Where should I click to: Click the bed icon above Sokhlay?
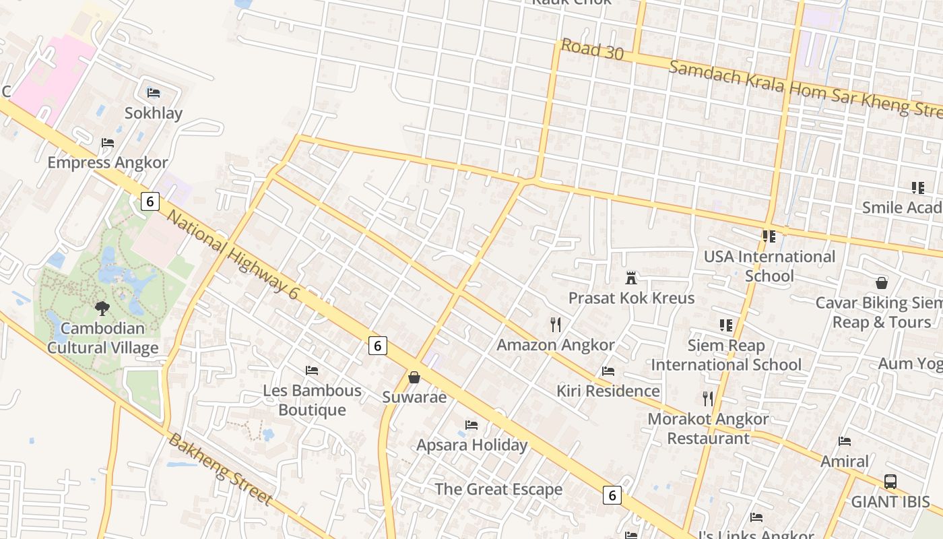[x=153, y=92]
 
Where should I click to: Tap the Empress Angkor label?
[x=108, y=162]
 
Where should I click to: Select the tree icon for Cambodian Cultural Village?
[x=102, y=309]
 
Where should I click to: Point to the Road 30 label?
[x=592, y=49]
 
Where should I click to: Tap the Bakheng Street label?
[x=220, y=470]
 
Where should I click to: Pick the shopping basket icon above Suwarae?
[x=414, y=377]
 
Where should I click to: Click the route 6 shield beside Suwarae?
[x=378, y=346]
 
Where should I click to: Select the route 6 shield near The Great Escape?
[x=612, y=495]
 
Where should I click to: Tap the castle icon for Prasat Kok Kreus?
[x=631, y=278]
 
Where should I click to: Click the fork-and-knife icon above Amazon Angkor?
[x=556, y=325]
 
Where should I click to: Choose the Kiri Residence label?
[x=608, y=391]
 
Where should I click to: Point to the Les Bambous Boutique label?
[x=312, y=400]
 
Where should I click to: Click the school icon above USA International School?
[x=769, y=236]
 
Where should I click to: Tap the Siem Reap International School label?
[x=726, y=355]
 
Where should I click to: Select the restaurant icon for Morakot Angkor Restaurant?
[x=707, y=399]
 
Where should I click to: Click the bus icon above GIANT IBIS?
[x=890, y=482]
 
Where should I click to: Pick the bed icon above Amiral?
[x=845, y=441]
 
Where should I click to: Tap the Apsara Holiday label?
[x=471, y=445]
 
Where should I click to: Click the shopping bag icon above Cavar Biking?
[x=881, y=283]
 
